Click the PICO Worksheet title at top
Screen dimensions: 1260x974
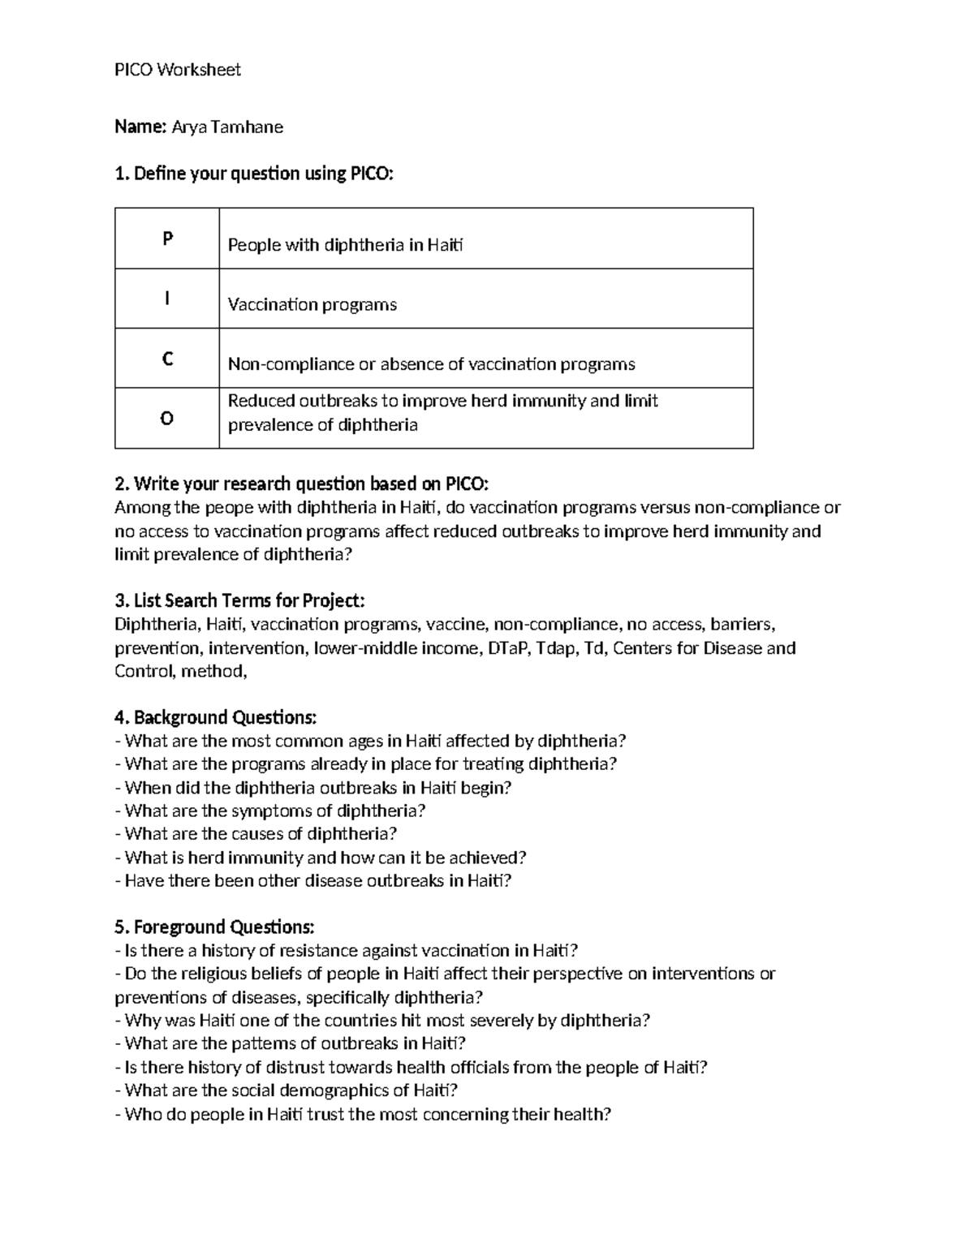pos(178,70)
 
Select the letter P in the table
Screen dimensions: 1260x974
pos(167,239)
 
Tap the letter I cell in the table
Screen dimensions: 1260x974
pos(167,299)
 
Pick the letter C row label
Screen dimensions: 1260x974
pos(167,359)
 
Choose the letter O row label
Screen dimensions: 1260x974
pos(167,419)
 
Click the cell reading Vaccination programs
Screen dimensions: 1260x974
pos(312,304)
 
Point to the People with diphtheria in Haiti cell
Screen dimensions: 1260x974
pos(345,245)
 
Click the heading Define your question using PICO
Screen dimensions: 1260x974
pos(254,174)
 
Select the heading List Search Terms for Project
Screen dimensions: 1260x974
pos(240,600)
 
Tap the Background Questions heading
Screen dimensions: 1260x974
pos(216,717)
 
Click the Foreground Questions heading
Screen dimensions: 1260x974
pos(214,927)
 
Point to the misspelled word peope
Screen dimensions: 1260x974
pos(229,508)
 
